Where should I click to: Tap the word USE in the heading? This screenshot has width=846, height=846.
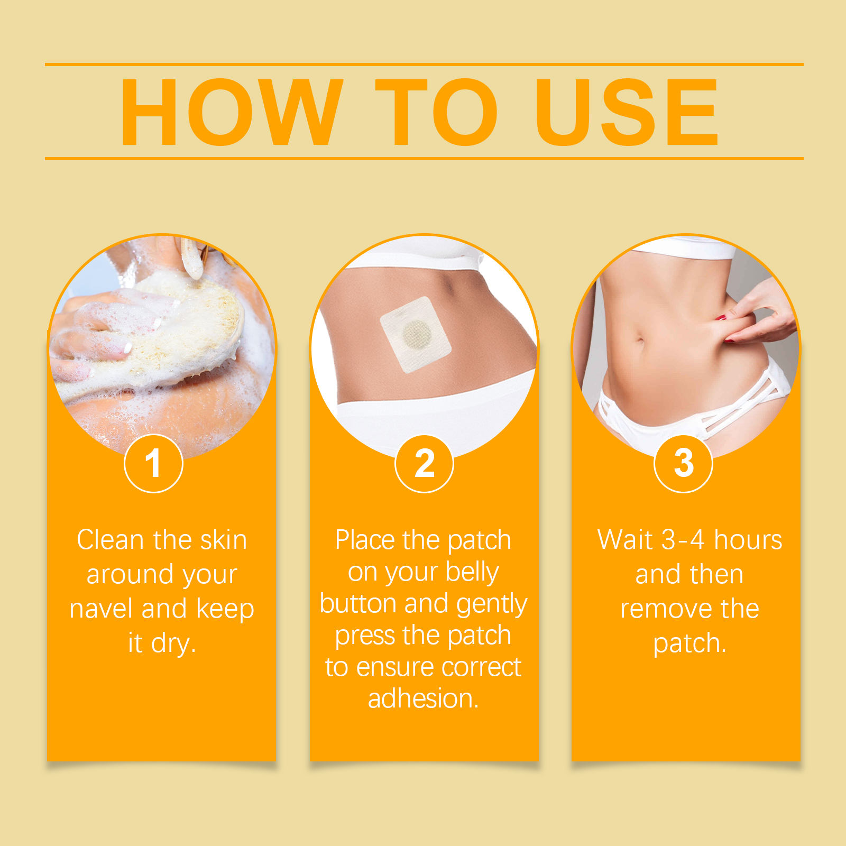[x=627, y=112]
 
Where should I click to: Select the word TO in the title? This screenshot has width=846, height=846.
[x=437, y=112]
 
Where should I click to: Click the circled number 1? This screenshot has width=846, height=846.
[x=153, y=463]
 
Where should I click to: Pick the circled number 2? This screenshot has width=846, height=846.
[x=424, y=463]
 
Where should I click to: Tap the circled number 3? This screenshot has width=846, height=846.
[x=684, y=463]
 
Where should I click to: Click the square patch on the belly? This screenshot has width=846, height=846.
[x=416, y=334]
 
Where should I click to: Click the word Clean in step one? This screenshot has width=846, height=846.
[x=111, y=540]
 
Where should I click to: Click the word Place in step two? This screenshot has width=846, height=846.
[x=365, y=540]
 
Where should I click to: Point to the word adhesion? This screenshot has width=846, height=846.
[x=424, y=698]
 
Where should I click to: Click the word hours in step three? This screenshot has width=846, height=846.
[x=748, y=540]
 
